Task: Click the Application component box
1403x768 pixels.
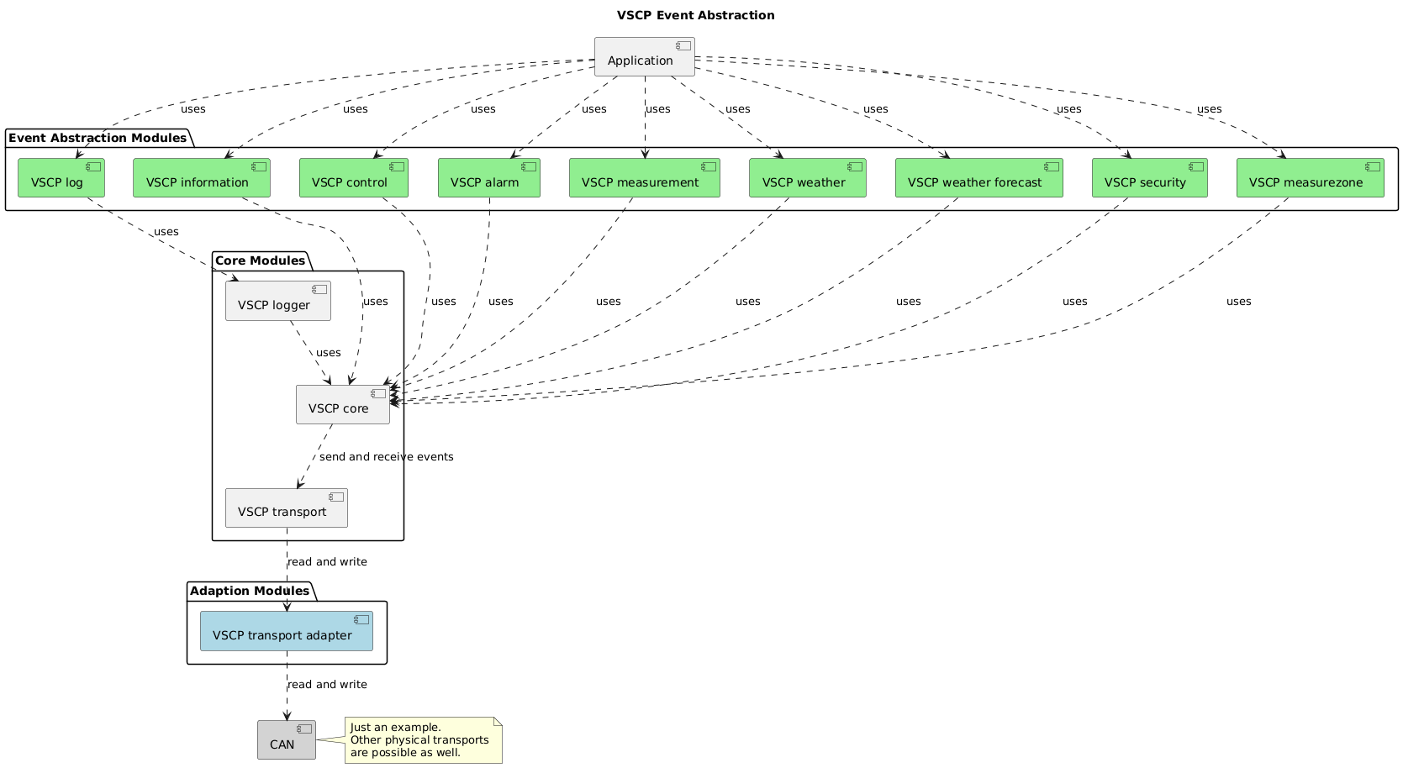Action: click(644, 57)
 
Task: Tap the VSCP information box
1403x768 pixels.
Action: click(202, 178)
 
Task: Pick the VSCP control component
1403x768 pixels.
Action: click(353, 178)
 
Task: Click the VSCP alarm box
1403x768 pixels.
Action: click(488, 178)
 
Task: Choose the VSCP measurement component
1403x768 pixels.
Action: click(644, 178)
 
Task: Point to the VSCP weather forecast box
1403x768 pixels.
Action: click(978, 178)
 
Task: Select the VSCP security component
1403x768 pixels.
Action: click(1149, 178)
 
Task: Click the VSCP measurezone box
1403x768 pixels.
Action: click(1310, 178)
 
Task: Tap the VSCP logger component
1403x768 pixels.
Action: click(277, 301)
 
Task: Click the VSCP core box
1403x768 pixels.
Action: click(342, 404)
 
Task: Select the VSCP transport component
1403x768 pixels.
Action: click(286, 508)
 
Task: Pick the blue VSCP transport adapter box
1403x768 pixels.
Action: click(286, 631)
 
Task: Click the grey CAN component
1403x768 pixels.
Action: click(286, 740)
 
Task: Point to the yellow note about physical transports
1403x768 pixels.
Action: click(424, 740)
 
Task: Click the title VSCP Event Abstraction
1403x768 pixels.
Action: click(695, 15)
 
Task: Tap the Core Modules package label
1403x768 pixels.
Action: click(260, 260)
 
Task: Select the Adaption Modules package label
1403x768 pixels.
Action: click(249, 591)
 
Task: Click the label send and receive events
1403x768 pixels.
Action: click(386, 457)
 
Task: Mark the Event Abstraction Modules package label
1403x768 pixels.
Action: click(98, 138)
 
